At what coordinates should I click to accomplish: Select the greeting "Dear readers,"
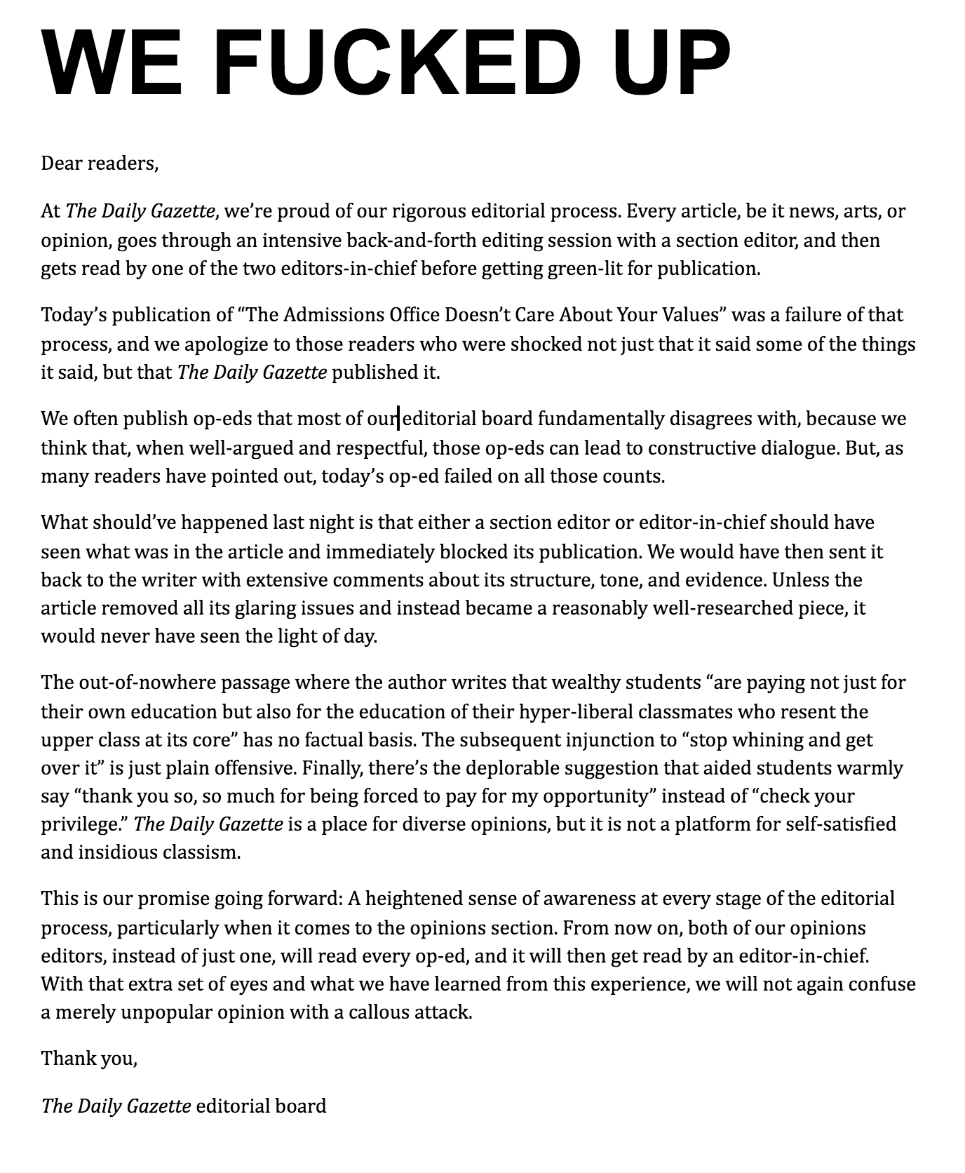tap(100, 163)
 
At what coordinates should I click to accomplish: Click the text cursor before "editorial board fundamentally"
tap(399, 419)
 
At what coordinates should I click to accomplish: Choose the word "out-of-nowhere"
tap(142, 682)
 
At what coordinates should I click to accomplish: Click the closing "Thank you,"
tap(89, 1058)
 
